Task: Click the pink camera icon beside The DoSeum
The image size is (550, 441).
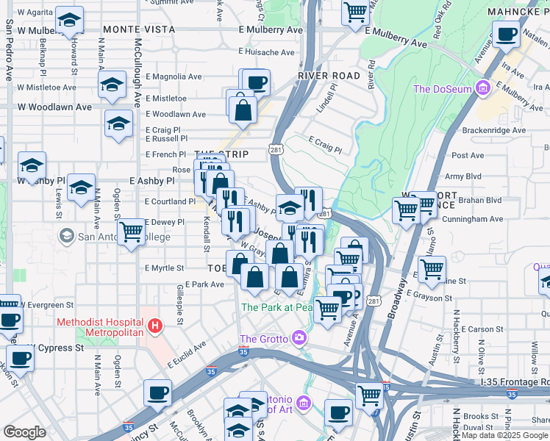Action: tap(483, 89)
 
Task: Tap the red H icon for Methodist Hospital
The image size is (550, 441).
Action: tap(154, 324)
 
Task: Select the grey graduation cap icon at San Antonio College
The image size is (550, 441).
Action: tap(67, 237)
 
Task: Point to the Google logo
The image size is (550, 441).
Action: tap(24, 432)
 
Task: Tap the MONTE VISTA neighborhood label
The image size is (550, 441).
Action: tap(139, 29)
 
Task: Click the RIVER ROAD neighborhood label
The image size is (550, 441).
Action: tap(329, 76)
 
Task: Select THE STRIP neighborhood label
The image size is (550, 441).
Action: tap(221, 154)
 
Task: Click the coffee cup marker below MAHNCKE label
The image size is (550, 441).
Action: tap(506, 35)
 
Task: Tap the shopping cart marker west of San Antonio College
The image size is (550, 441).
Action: tap(132, 232)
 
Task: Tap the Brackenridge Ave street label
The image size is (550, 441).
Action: tap(494, 131)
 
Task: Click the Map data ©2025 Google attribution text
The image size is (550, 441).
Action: tap(504, 435)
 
